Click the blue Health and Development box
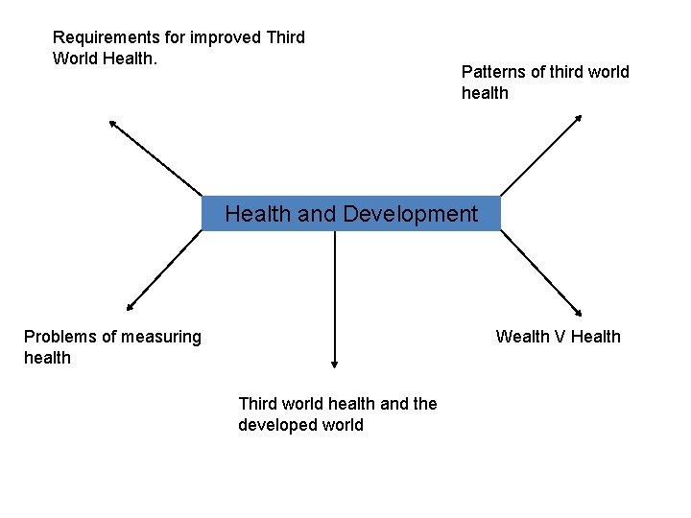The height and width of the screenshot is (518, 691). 350,213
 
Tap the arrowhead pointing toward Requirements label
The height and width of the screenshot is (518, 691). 112,123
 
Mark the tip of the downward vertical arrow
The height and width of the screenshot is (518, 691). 334,364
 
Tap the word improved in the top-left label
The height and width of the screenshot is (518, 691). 227,37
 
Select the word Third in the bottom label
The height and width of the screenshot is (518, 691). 258,404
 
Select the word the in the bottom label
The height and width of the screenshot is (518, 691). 424,404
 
